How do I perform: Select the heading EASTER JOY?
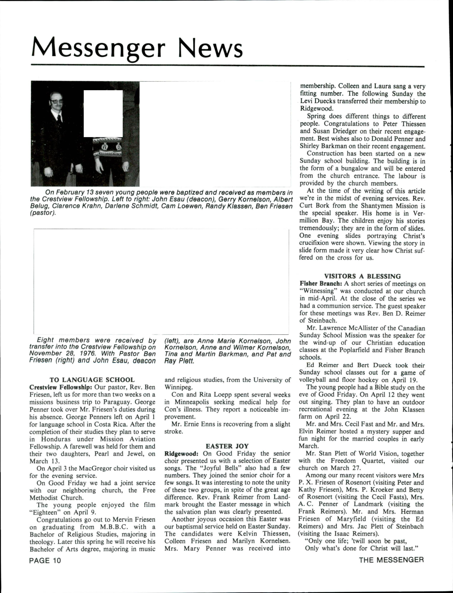point(227,446)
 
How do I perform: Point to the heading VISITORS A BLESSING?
point(362,276)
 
